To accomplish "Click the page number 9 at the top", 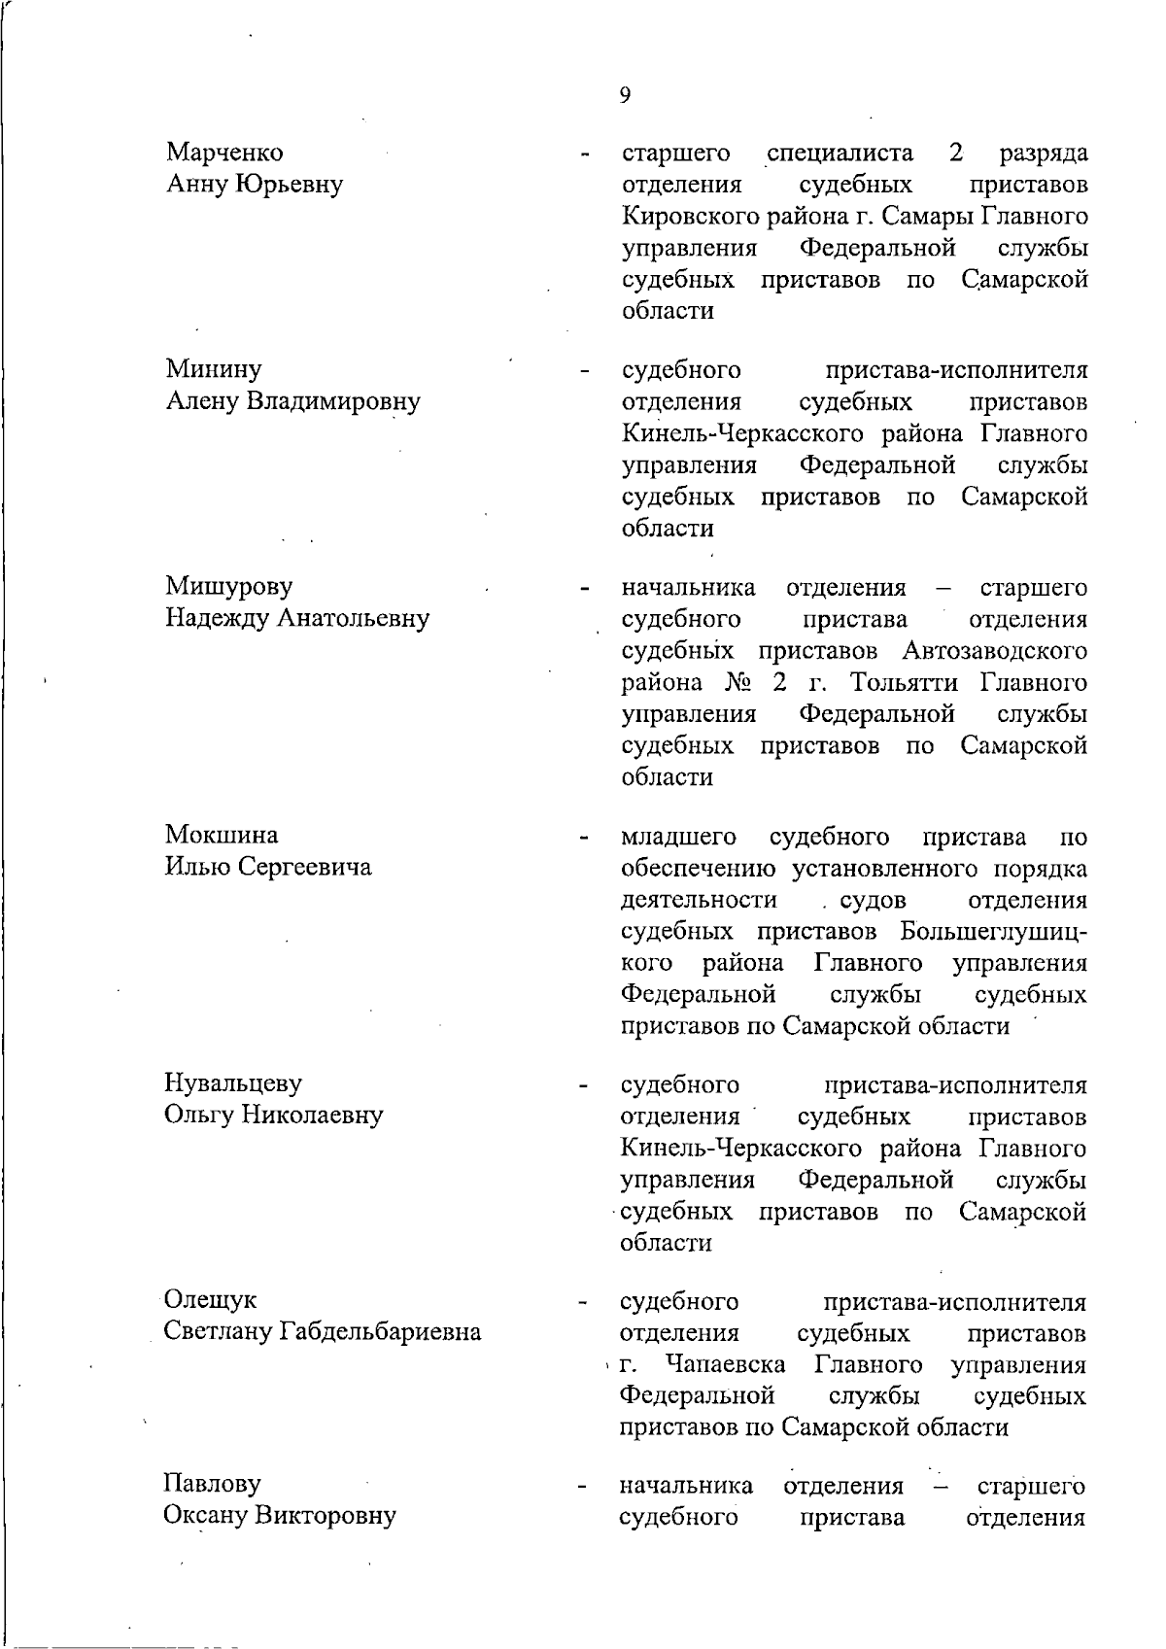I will click(624, 94).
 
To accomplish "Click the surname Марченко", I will click(224, 153).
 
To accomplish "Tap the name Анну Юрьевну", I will click(255, 184).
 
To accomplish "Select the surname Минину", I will click(214, 369).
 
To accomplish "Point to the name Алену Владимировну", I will click(292, 401).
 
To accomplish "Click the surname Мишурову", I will click(228, 586).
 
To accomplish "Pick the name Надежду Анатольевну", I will click(296, 618).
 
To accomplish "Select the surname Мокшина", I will click(222, 835).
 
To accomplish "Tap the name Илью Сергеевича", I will click(268, 867).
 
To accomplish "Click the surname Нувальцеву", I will click(233, 1082).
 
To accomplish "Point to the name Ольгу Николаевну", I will click(273, 1115).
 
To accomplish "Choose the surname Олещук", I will click(211, 1300).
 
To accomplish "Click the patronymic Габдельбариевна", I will click(381, 1331).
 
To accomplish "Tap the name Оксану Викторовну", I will click(280, 1516).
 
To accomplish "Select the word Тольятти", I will click(903, 682).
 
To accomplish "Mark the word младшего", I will click(678, 837).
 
